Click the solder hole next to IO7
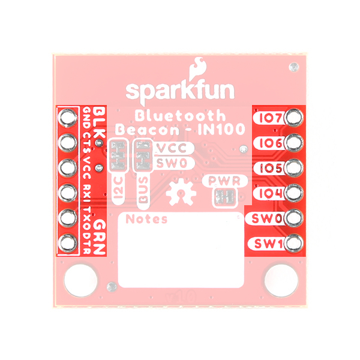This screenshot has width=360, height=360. point(295,118)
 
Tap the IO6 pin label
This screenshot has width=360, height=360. point(271,143)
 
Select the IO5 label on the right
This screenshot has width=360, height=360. point(271,168)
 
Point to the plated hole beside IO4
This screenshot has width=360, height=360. point(295,193)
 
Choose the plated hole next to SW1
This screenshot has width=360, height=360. point(295,244)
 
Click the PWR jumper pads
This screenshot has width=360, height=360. point(225,197)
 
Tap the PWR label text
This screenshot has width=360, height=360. point(224,181)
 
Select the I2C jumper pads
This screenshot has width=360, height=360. point(118,155)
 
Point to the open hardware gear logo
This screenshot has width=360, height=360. point(181,192)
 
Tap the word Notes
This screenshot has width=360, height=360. point(146,219)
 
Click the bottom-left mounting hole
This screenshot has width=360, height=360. point(81,281)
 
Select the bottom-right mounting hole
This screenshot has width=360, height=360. point(281,281)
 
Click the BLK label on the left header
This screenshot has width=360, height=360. point(100,122)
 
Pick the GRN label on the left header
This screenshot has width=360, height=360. point(100,237)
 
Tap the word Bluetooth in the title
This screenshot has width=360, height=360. point(180,116)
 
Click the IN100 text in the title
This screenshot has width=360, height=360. point(221,129)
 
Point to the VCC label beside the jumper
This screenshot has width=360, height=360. point(172,148)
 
